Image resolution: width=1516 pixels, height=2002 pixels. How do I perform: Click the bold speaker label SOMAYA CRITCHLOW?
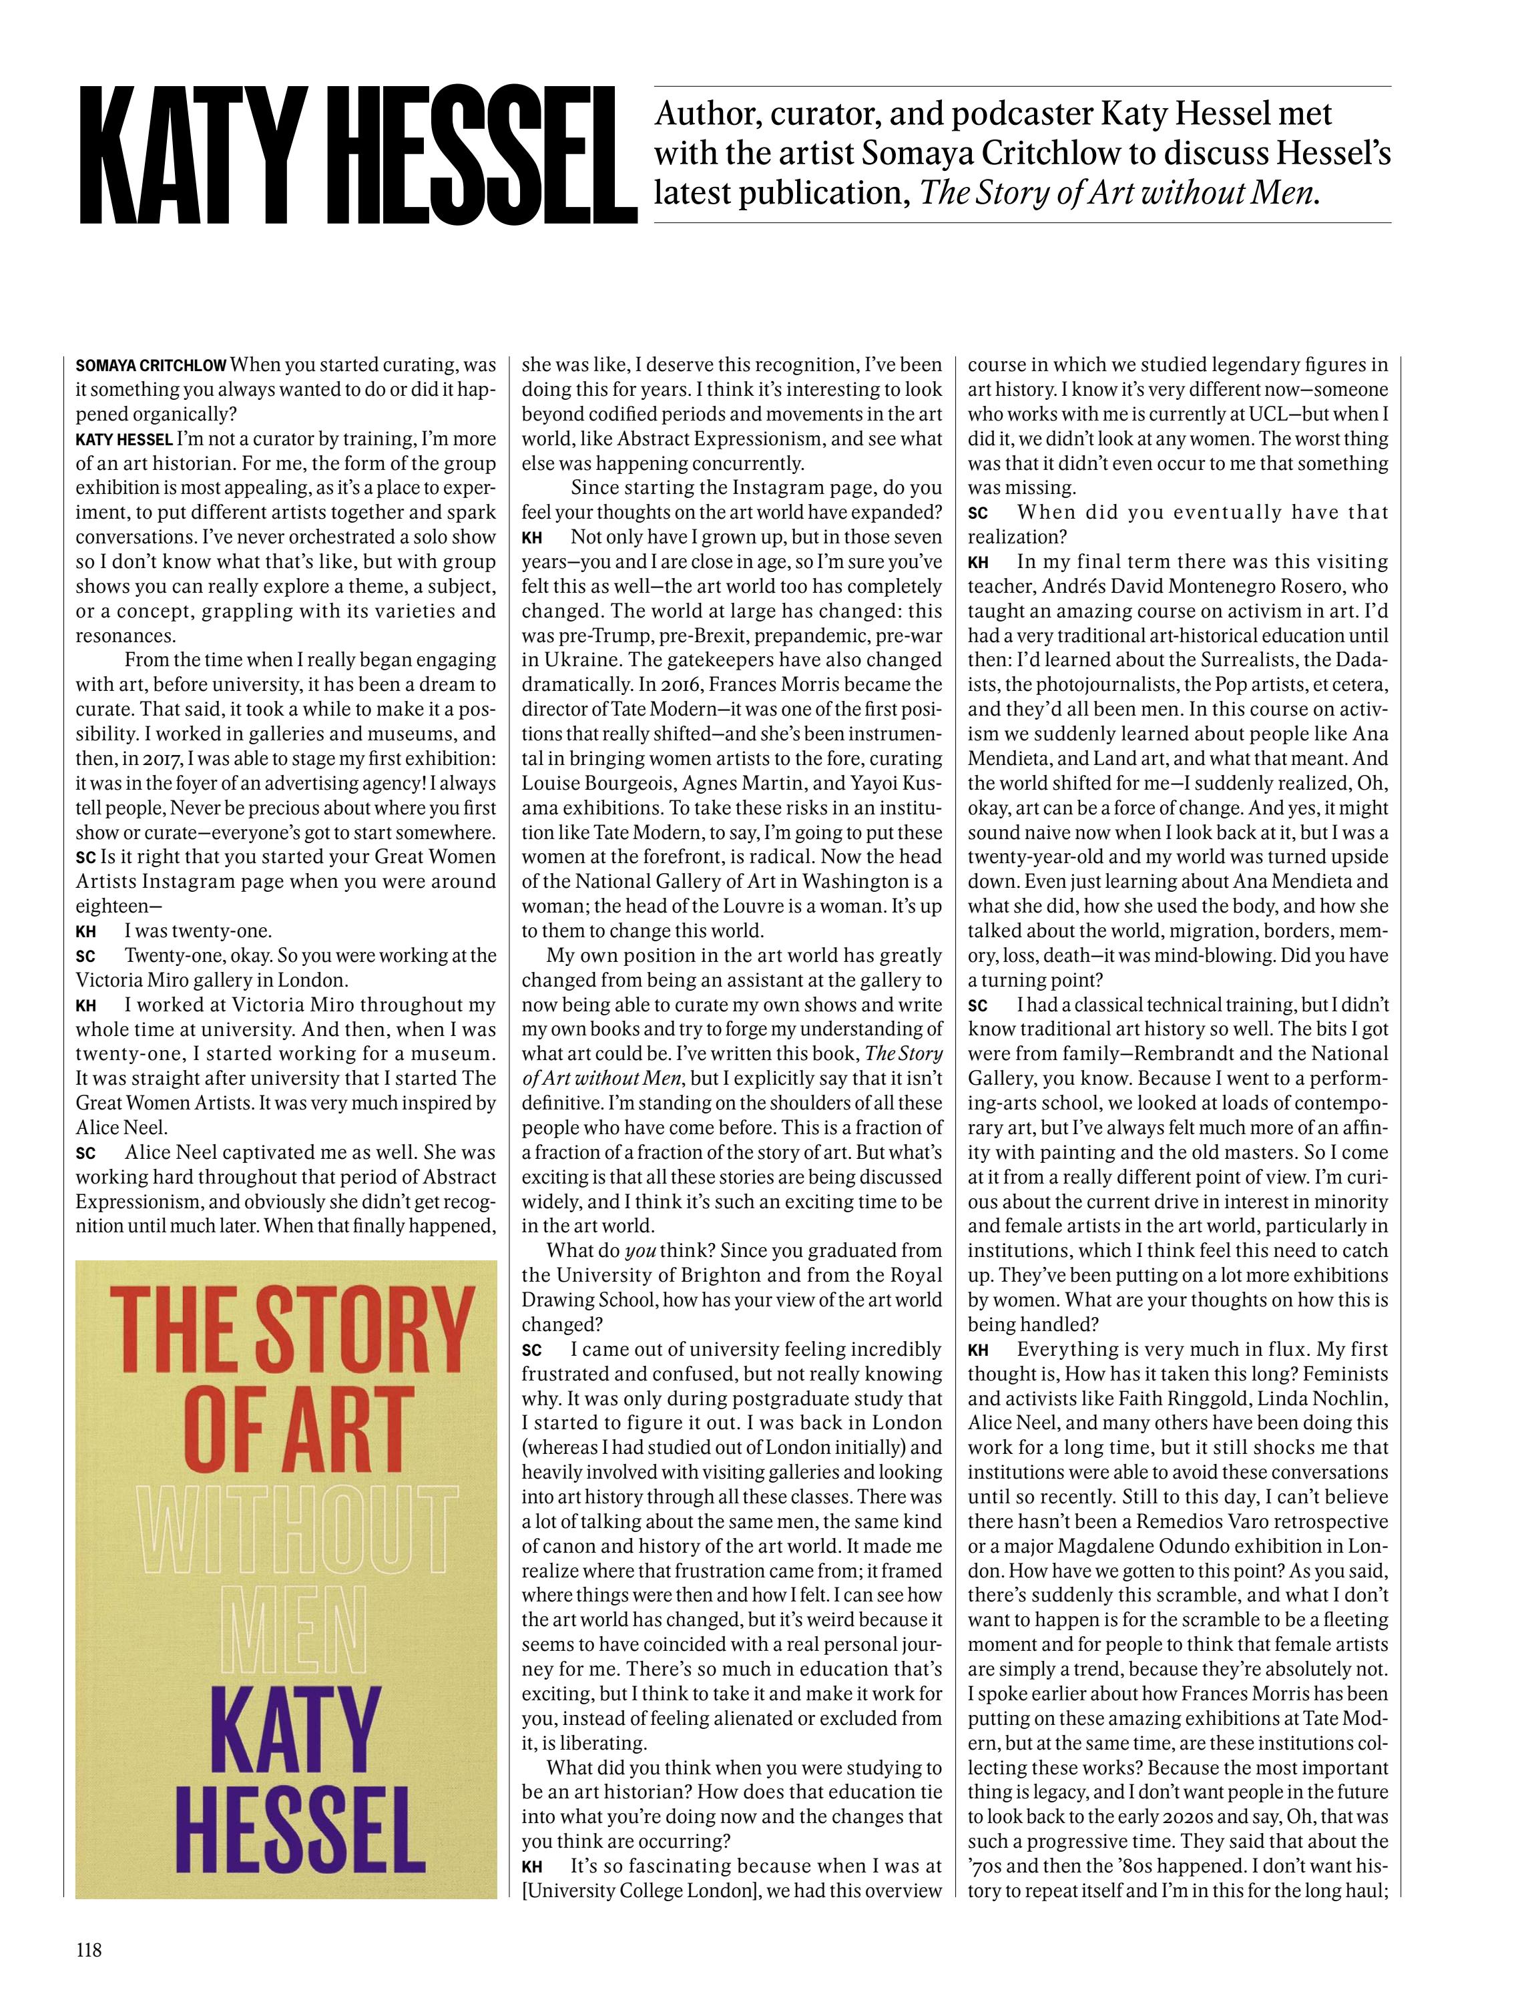click(x=150, y=366)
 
